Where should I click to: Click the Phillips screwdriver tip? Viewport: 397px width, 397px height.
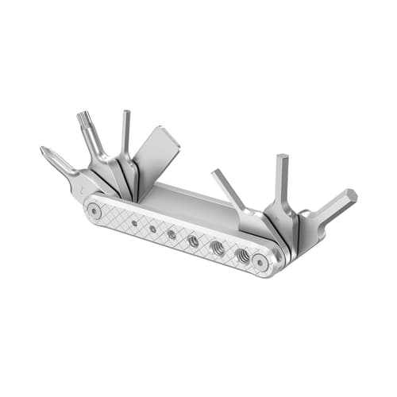coord(47,151)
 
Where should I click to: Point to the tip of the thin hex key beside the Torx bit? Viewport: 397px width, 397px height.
coord(125,114)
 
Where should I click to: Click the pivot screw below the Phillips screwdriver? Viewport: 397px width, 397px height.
coord(94,211)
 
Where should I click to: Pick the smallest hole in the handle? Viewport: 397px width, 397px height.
coord(135,224)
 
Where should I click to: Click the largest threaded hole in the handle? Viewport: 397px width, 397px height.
coord(242,255)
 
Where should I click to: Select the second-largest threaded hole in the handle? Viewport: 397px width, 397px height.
coord(218,248)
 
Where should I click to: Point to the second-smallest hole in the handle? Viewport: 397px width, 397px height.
coord(152,229)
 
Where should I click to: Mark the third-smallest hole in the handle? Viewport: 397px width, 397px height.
coord(172,234)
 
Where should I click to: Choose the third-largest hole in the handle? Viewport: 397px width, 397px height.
coord(194,241)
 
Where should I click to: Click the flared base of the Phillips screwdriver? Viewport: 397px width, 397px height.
coord(87,182)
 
